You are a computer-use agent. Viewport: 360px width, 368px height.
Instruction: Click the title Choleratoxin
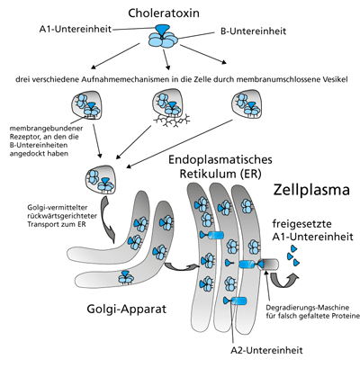pyautogui.click(x=164, y=13)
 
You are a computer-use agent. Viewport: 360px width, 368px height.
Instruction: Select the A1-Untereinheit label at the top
pyautogui.click(x=76, y=29)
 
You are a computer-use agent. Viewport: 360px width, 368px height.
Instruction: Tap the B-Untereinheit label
pyautogui.click(x=253, y=31)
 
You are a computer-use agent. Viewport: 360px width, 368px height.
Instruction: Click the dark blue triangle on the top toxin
pyautogui.click(x=163, y=30)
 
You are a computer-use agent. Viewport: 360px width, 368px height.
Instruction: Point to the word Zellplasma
pyautogui.click(x=311, y=190)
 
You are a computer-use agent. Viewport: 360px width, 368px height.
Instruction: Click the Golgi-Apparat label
pyautogui.click(x=126, y=309)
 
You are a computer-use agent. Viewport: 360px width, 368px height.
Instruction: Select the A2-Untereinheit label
pyautogui.click(x=266, y=350)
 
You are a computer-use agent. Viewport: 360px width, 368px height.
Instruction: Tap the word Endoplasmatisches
pyautogui.click(x=220, y=159)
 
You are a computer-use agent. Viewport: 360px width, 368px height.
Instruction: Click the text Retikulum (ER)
pyautogui.click(x=220, y=174)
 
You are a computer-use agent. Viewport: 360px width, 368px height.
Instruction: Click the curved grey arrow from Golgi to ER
pyautogui.click(x=182, y=266)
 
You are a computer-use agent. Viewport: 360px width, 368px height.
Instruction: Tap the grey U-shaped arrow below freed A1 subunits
pyautogui.click(x=283, y=281)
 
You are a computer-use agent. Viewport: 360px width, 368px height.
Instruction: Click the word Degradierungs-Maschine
pyautogui.click(x=308, y=308)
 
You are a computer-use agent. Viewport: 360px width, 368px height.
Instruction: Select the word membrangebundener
pyautogui.click(x=46, y=129)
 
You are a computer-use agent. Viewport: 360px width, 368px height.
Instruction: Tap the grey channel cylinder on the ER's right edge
pyautogui.click(x=268, y=265)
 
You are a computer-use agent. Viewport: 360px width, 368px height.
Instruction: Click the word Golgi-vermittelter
pyautogui.click(x=58, y=208)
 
